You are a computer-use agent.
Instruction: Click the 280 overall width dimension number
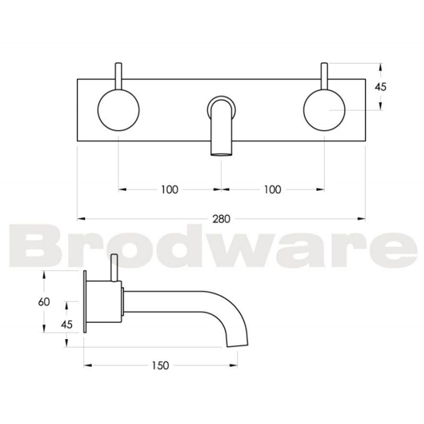tap(222, 218)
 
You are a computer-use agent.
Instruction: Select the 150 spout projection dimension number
tap(160, 365)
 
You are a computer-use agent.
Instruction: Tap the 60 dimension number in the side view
tap(45, 302)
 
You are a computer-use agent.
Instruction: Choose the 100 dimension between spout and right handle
tap(272, 189)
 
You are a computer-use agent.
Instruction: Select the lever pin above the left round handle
tap(119, 74)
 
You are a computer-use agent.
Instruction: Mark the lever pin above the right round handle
tap(324, 74)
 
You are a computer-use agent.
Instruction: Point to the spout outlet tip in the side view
tap(237, 344)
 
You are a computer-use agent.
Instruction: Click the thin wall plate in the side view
tap(85, 302)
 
